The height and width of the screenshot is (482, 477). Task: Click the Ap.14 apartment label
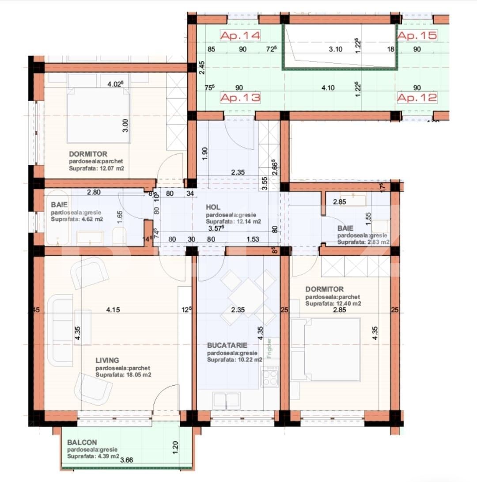coord(240,36)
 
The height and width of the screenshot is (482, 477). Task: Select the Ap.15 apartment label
coord(417,35)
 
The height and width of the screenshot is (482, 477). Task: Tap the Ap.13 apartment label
coord(240,98)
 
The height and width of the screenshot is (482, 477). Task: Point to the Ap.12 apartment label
coord(417,98)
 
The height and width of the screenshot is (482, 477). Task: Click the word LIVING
coord(107,361)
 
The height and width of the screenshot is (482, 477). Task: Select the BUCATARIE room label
coord(227,345)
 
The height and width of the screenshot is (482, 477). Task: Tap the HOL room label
coord(213,207)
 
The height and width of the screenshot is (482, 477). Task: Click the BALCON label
coord(82,442)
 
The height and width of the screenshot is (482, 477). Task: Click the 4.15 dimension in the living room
coord(113,310)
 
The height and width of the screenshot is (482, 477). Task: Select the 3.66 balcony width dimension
coord(127,460)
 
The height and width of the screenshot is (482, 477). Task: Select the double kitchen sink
coord(226,401)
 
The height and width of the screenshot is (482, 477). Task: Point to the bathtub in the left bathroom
coord(57,218)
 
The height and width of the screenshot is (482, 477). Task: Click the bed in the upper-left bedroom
coord(99,115)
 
